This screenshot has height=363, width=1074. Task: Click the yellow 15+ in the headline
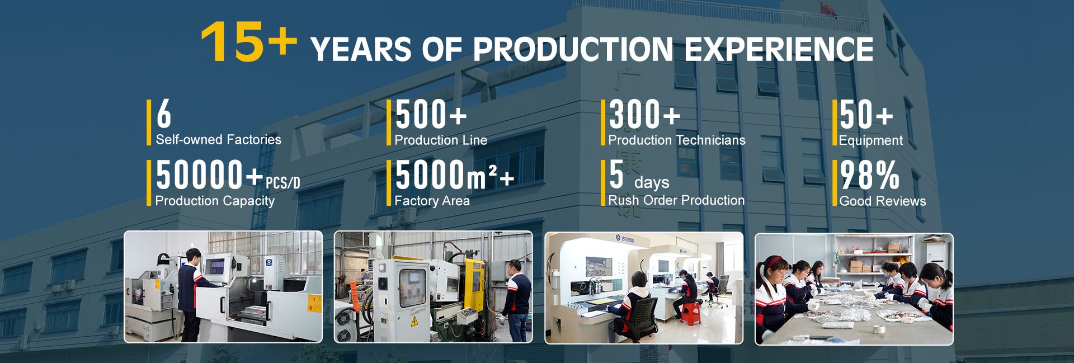tap(249, 42)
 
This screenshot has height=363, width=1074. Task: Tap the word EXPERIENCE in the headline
tap(779, 49)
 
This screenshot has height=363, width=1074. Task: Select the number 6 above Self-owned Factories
tap(164, 114)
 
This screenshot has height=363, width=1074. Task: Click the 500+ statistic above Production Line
tap(431, 115)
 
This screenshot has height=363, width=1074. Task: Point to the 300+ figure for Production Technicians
tap(644, 115)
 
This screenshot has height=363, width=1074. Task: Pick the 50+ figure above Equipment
tap(866, 115)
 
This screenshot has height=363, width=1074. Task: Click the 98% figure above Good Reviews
tap(870, 175)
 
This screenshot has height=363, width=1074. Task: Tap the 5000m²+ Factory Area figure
tap(454, 175)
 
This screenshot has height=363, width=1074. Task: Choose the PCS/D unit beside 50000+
tap(282, 183)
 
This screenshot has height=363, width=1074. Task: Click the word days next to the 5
tap(652, 182)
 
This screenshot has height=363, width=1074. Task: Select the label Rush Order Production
tap(676, 200)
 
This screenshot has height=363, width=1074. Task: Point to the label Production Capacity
tap(215, 201)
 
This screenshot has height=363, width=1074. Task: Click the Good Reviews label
tap(883, 201)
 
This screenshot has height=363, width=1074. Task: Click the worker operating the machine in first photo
tap(189, 294)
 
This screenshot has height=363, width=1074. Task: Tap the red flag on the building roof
tap(828, 8)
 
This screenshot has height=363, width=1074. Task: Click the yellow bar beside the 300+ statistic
tap(603, 122)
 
